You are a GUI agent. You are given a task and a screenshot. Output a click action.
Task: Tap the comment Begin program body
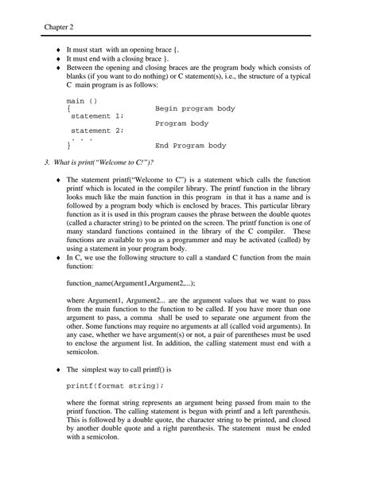[195, 107]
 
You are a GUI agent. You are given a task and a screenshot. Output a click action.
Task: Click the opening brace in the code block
[69, 108]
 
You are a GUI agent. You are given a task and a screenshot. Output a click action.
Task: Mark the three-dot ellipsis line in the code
[83, 139]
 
